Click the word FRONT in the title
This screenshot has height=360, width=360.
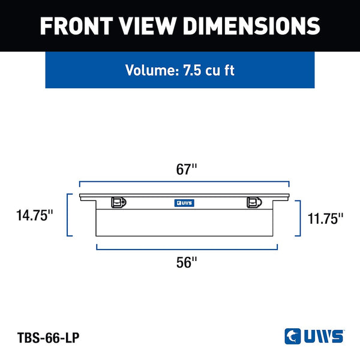pyautogui.click(x=76, y=26)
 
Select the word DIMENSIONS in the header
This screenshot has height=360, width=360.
pyautogui.click(x=251, y=26)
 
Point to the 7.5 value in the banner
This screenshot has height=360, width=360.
pyautogui.click(x=192, y=70)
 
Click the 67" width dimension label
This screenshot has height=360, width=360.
pyautogui.click(x=187, y=169)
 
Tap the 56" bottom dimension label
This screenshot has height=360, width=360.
pyautogui.click(x=187, y=262)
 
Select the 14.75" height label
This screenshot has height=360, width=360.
pyautogui.click(x=34, y=215)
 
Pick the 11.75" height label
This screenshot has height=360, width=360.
pyautogui.click(x=325, y=218)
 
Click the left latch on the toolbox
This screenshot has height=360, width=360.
pyautogui.click(x=118, y=202)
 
